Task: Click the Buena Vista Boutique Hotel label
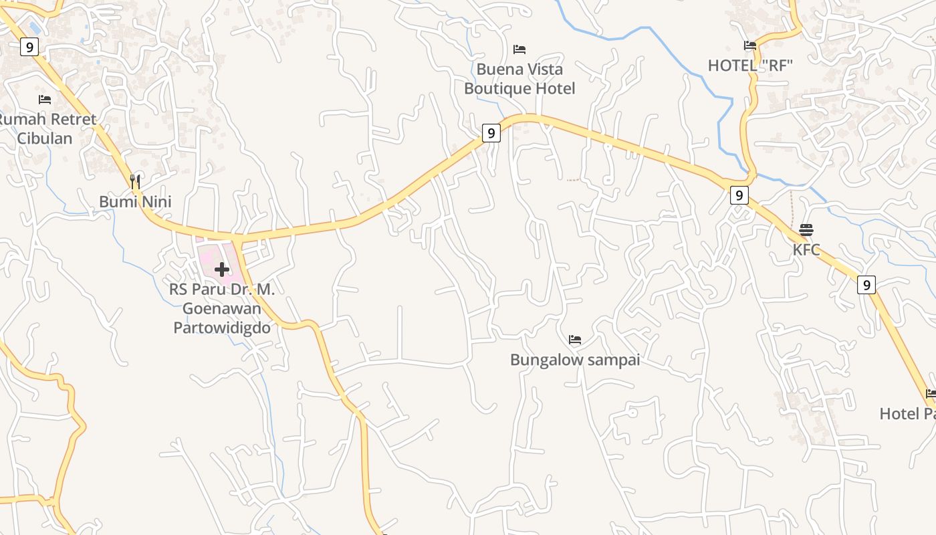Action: tap(519, 79)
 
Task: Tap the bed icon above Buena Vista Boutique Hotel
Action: tap(519, 49)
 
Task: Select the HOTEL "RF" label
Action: tap(750, 66)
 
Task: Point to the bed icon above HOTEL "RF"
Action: tap(750, 45)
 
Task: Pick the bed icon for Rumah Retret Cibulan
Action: tap(45, 100)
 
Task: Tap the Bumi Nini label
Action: tap(135, 201)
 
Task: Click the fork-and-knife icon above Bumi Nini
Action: tap(135, 181)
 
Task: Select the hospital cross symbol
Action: tap(222, 270)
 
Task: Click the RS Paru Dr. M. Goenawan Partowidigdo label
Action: tap(222, 308)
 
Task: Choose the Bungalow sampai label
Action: tap(575, 360)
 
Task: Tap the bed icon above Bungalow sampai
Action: tap(575, 340)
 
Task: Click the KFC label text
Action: tap(806, 250)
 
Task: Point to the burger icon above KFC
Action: tap(806, 230)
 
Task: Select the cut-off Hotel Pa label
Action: tap(908, 413)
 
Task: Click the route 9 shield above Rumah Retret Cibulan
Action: tap(29, 47)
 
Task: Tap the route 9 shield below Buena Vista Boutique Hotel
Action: tap(491, 133)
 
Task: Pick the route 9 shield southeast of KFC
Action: tap(866, 285)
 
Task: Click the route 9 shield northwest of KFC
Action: tap(739, 195)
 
